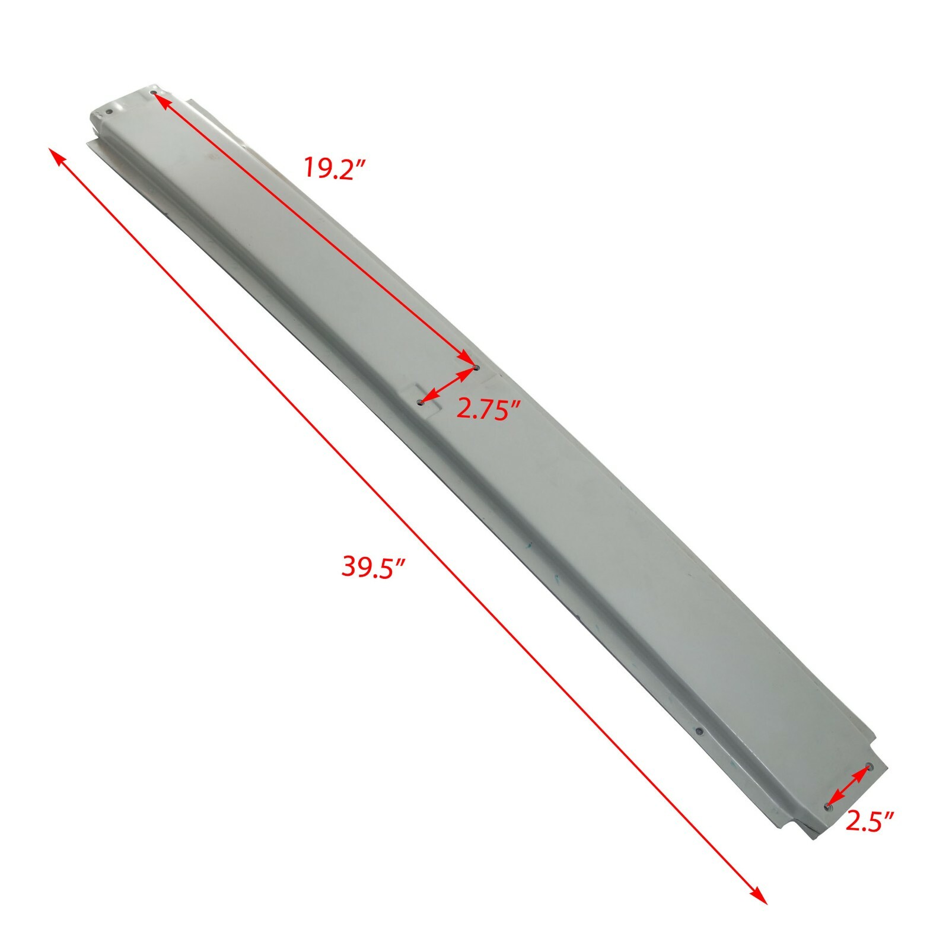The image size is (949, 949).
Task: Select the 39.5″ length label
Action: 373,566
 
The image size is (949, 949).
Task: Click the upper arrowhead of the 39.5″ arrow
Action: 55,155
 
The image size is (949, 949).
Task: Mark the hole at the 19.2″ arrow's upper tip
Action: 154,93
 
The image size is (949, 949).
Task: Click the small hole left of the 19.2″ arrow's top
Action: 109,111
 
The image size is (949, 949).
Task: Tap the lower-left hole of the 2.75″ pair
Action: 420,402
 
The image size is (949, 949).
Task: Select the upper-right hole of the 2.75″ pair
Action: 476,368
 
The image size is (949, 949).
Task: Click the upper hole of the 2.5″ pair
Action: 869,766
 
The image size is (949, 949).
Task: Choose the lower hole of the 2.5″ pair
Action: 828,806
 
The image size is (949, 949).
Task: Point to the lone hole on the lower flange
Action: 699,731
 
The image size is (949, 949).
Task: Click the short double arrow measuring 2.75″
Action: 448,385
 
